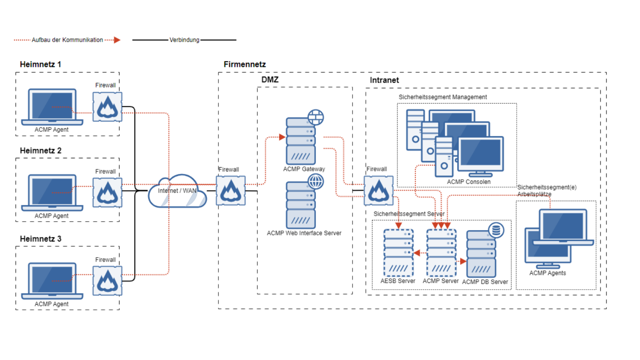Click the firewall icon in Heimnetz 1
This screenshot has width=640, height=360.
107,107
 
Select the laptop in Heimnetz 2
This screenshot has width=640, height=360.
52,193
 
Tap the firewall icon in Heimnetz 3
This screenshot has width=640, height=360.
107,281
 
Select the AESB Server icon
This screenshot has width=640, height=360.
399,253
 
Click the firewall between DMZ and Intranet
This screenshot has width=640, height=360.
379,191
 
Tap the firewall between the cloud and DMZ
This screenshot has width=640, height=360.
231,191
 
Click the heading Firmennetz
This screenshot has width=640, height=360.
245,64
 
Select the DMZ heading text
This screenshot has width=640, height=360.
270,80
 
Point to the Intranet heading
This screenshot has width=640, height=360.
384,80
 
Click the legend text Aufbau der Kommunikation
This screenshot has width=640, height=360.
67,40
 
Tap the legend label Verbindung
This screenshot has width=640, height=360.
184,40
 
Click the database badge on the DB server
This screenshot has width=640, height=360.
496,230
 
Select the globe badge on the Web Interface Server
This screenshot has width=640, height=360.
316,182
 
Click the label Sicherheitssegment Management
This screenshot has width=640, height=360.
443,97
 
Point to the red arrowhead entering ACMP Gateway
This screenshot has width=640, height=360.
282,137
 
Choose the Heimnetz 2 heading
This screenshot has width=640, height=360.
41,151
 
